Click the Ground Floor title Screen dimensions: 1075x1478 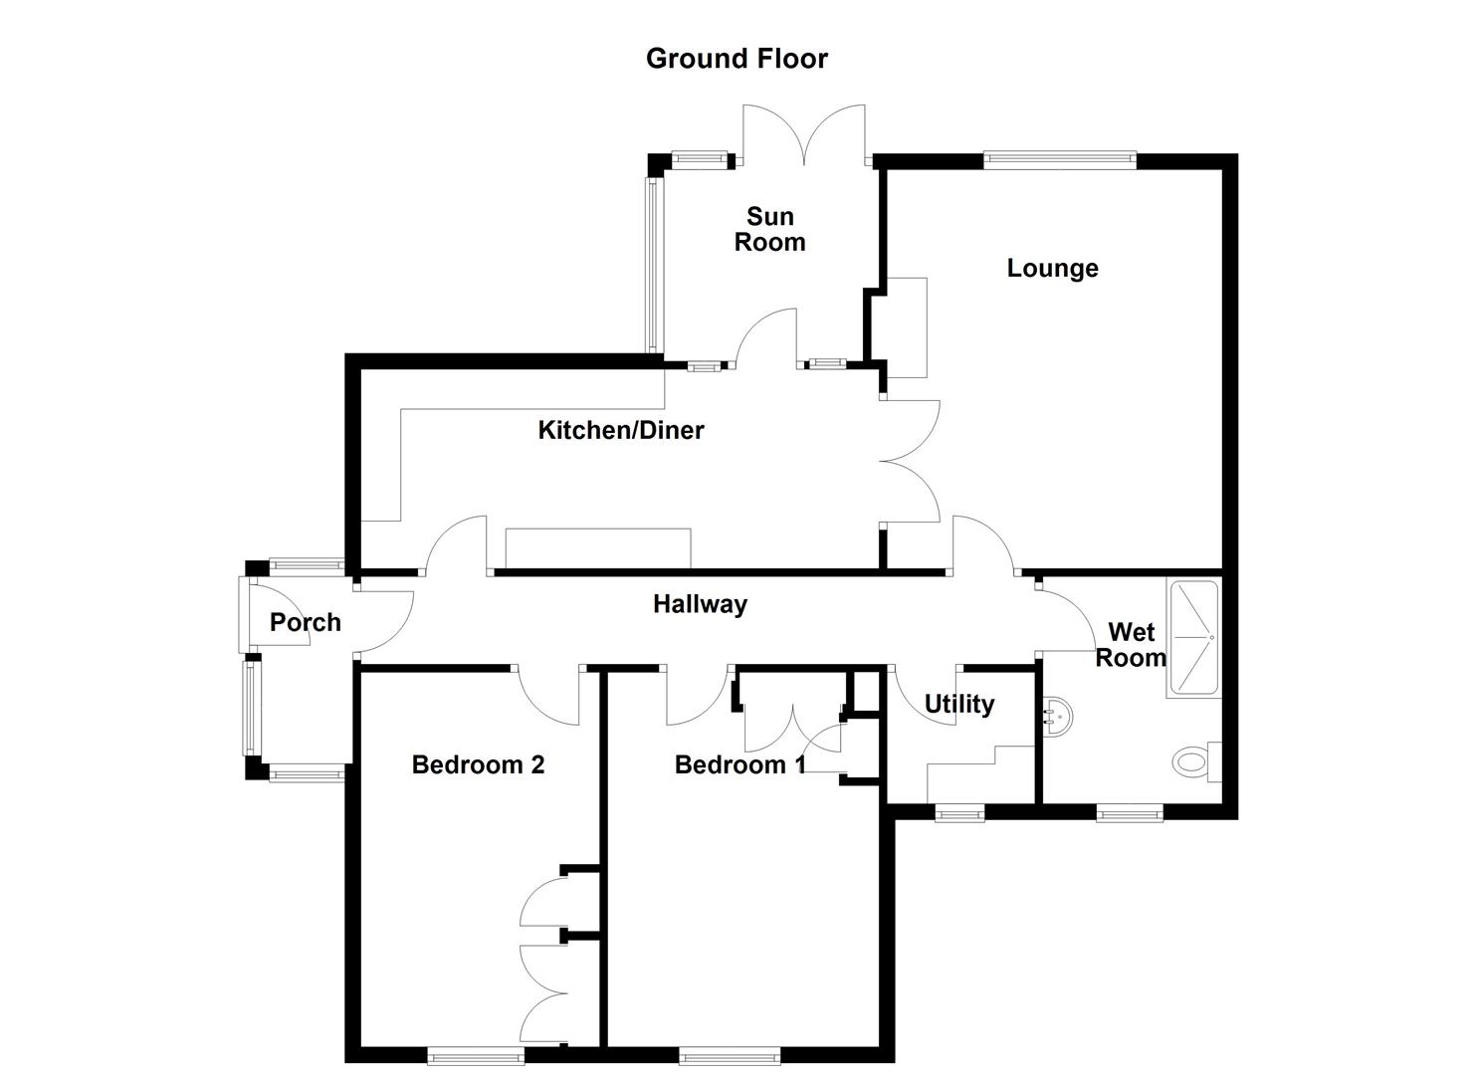737,59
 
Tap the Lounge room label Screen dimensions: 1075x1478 1052,268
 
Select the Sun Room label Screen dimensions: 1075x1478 769,229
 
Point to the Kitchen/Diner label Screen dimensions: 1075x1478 621,430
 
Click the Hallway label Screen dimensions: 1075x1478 700,604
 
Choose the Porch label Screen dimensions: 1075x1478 306,622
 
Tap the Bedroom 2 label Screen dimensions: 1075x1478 478,764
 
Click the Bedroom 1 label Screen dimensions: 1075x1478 739,764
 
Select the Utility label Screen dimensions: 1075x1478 958,705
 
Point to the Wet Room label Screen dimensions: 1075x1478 1131,645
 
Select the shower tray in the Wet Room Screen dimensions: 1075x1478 1192,637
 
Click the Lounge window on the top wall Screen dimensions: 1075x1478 1059,156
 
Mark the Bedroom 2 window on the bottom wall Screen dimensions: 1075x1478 476,1055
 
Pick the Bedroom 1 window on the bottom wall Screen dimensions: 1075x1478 730,1055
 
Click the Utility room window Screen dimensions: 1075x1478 959,814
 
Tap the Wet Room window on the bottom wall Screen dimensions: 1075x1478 1130,814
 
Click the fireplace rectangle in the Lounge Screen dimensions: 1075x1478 906,327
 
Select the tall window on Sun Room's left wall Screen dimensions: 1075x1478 653,264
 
